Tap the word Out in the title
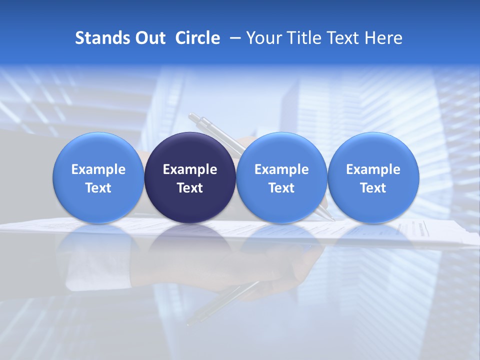[149, 38]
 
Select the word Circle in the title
[197, 38]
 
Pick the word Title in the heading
[300, 38]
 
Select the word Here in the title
[383, 38]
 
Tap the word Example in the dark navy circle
[190, 169]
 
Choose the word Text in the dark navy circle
[190, 188]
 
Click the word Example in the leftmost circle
[98, 169]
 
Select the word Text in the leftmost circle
[98, 188]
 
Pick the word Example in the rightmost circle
[373, 169]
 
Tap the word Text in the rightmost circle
[373, 188]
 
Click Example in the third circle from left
[281, 169]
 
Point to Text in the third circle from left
[281, 188]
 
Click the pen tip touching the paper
[331, 219]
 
